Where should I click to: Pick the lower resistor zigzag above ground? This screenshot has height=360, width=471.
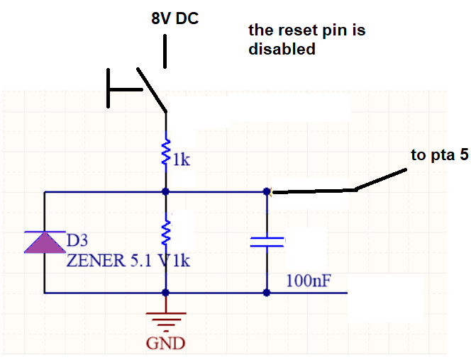coord(166,231)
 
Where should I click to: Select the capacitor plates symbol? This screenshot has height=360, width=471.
coord(267,242)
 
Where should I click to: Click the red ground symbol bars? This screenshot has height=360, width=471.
coord(166,321)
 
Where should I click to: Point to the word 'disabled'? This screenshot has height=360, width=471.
coord(282,50)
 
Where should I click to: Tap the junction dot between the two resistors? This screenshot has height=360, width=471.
coord(166,191)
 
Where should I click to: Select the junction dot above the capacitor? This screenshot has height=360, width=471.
coord(267,191)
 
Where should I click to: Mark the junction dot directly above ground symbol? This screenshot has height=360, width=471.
coord(166,292)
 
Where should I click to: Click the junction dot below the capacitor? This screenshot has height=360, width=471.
coord(267,292)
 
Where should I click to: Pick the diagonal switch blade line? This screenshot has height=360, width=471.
coord(153,91)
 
